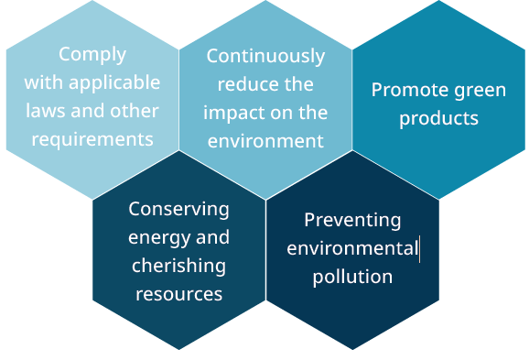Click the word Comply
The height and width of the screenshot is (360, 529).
point(92,54)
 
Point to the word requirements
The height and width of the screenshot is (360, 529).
point(92,139)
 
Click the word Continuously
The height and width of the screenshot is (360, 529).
point(265,56)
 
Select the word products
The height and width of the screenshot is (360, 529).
point(438,118)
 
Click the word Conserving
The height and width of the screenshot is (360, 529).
point(178,209)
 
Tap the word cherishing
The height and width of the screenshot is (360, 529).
point(178,266)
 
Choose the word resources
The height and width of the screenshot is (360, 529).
point(178,294)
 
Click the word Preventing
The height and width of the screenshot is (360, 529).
point(352,220)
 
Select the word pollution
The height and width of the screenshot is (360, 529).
point(352,277)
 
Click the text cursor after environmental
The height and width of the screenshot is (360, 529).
point(420,248)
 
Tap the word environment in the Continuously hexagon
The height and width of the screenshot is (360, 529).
point(265,141)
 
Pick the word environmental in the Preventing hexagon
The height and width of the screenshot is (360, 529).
point(351,248)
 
